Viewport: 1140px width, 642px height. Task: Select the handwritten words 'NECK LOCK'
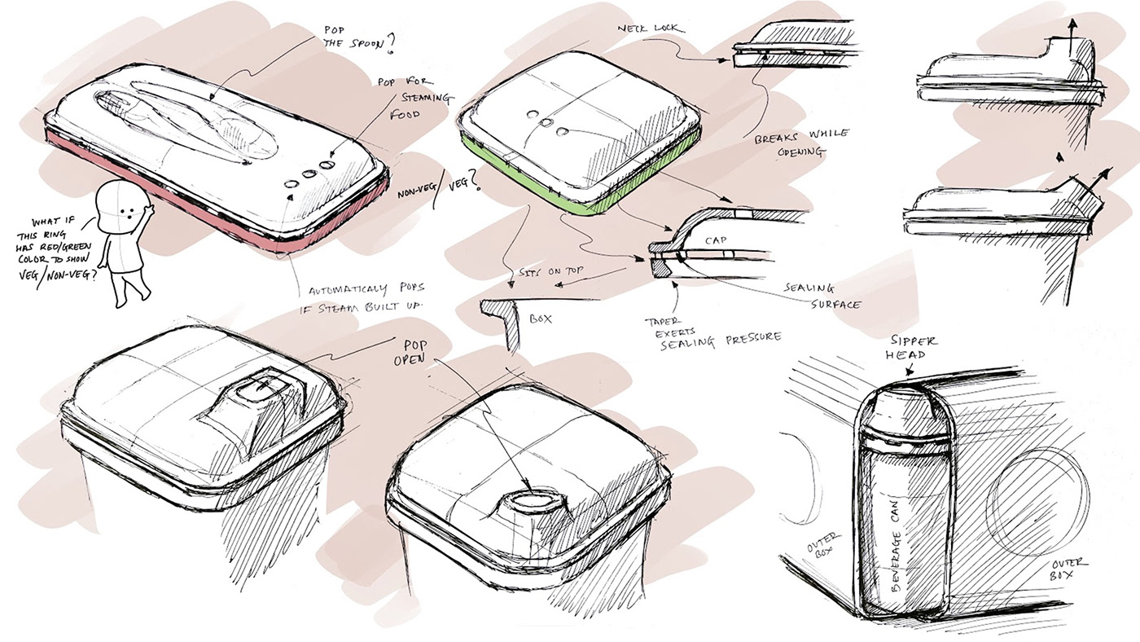click(651, 29)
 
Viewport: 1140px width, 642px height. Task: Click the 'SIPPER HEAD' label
click(914, 347)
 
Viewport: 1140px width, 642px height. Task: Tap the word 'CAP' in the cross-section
click(716, 240)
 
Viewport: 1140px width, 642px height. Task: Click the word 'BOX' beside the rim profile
click(540, 319)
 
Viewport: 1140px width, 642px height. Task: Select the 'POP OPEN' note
click(410, 352)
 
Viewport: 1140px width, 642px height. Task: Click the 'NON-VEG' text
click(414, 191)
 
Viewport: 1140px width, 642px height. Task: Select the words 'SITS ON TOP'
click(551, 270)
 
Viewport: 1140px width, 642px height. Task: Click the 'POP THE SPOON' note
click(359, 38)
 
